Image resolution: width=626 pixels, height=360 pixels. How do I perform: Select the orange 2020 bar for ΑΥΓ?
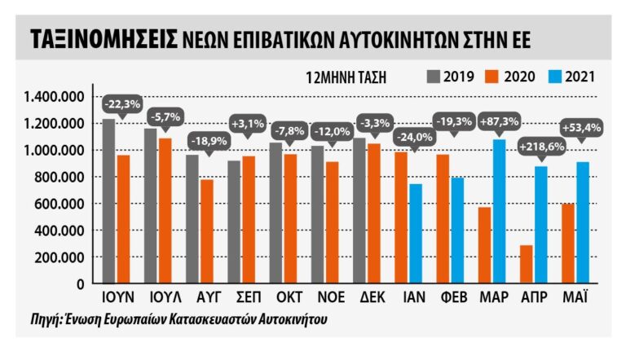tap(208, 231)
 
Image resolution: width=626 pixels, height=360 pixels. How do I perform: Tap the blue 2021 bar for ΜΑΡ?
tap(500, 211)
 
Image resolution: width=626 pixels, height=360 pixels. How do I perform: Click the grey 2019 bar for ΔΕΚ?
tap(359, 210)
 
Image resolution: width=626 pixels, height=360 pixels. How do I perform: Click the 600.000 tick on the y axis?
tap(65, 204)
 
